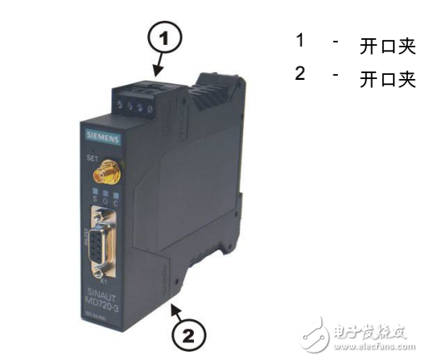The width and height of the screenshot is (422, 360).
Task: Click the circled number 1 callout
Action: [x=164, y=37]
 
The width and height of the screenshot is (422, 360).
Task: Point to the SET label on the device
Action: [x=93, y=155]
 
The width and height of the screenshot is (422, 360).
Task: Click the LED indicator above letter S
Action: [x=97, y=194]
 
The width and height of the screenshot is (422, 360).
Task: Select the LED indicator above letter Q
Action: [x=107, y=195]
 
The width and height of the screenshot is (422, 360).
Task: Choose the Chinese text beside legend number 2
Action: [x=386, y=79]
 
